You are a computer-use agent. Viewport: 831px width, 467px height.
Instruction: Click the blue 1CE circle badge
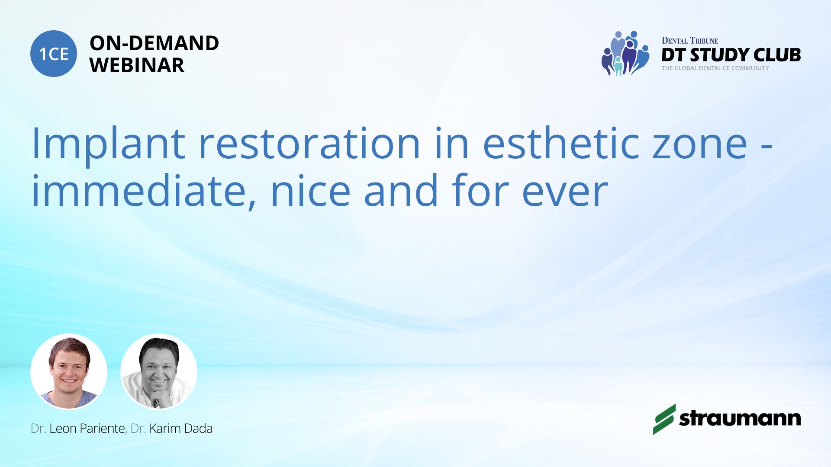pyautogui.click(x=54, y=54)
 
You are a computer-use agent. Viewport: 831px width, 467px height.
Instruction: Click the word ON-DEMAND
pyautogui.click(x=154, y=43)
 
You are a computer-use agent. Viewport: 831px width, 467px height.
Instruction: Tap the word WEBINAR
pyautogui.click(x=137, y=65)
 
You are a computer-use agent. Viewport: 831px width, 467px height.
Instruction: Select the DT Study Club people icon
pyautogui.click(x=625, y=53)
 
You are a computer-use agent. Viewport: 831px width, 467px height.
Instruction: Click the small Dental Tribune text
pyautogui.click(x=690, y=41)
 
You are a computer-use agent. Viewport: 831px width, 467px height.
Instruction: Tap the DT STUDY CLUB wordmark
pyautogui.click(x=731, y=55)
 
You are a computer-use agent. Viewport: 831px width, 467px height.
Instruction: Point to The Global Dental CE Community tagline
pyautogui.click(x=715, y=68)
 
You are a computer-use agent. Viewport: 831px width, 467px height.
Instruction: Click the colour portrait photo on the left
pyautogui.click(x=69, y=371)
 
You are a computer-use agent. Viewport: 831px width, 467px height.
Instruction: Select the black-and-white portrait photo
pyautogui.click(x=159, y=371)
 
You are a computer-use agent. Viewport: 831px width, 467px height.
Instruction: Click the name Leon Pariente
pyautogui.click(x=87, y=429)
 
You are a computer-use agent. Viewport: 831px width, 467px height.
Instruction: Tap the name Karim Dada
pyautogui.click(x=181, y=429)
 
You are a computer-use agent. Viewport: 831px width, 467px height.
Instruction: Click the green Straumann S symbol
pyautogui.click(x=664, y=419)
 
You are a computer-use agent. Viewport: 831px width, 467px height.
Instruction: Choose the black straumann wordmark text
pyautogui.click(x=740, y=419)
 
